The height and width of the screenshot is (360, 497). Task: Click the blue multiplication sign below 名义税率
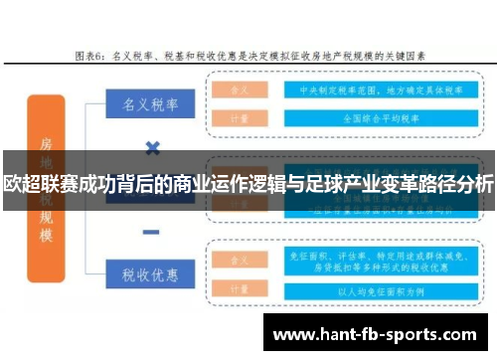click(152, 149)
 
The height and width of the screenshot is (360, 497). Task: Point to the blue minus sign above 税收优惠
click(151, 232)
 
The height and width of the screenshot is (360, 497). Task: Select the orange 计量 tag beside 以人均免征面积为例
click(240, 292)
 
